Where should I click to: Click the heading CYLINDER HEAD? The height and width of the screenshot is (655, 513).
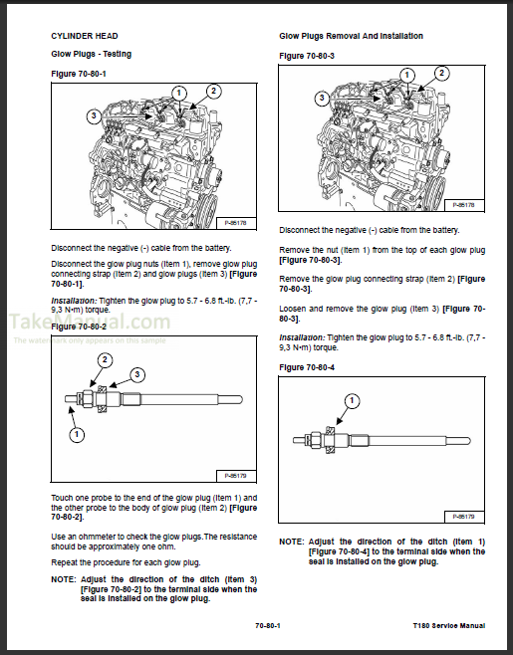[x=85, y=36]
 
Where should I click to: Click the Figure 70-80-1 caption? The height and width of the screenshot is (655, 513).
[x=79, y=74]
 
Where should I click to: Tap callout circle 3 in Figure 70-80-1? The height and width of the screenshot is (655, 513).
[x=94, y=115]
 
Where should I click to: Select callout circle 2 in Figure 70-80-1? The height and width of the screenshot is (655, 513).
[x=213, y=91]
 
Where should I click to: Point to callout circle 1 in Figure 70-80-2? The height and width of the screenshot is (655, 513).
[x=77, y=434]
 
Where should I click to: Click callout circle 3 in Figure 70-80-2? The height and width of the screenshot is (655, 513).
[x=137, y=374]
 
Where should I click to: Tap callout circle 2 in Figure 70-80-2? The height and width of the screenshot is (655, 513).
[x=105, y=360]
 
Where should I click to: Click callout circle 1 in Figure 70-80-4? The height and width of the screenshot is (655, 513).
[x=352, y=401]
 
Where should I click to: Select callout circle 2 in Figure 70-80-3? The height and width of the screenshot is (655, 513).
[x=442, y=73]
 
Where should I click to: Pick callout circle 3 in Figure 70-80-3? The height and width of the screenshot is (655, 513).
[x=322, y=99]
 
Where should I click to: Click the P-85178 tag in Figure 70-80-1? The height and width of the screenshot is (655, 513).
[x=236, y=223]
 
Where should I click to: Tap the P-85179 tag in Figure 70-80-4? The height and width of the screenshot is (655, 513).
[x=463, y=517]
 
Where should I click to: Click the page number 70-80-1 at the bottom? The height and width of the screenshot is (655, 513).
[x=268, y=625]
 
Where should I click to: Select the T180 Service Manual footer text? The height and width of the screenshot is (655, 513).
[x=449, y=625]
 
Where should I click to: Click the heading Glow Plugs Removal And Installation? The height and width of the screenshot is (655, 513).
[x=352, y=36]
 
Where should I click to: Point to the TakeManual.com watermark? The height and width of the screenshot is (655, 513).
[x=90, y=322]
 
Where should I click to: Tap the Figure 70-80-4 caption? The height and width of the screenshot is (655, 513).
[x=307, y=367]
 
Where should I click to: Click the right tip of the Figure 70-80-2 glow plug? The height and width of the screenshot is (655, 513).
[x=242, y=399]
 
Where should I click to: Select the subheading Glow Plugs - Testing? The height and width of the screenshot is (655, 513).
[x=91, y=55]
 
